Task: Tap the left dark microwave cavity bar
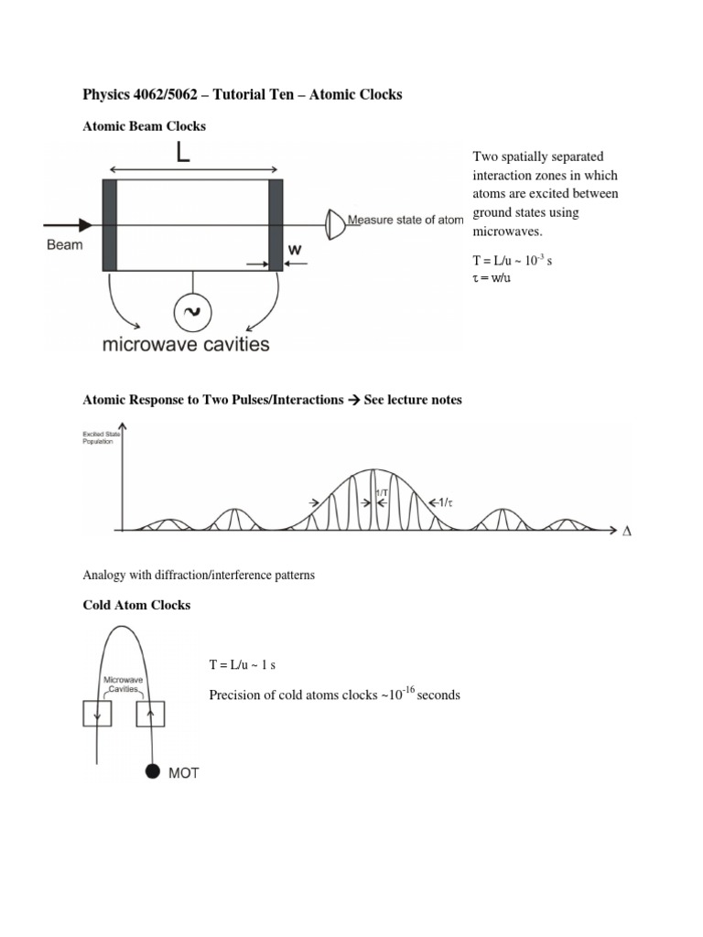pyautogui.click(x=110, y=225)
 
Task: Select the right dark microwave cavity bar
pyautogui.click(x=276, y=225)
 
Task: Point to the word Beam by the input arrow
pyautogui.click(x=64, y=244)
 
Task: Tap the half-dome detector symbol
pyautogui.click(x=336, y=221)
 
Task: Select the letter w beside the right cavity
pyautogui.click(x=295, y=249)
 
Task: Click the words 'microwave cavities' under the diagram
pyautogui.click(x=186, y=345)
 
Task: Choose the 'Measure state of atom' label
pyautogui.click(x=406, y=221)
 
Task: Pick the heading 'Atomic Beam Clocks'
pyautogui.click(x=145, y=126)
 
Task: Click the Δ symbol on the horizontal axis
pyautogui.click(x=627, y=531)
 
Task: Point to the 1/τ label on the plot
pyautogui.click(x=446, y=502)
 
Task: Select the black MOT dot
pyautogui.click(x=152, y=772)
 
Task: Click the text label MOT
pyautogui.click(x=183, y=773)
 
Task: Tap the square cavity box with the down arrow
pyautogui.click(x=96, y=712)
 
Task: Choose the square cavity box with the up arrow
pyautogui.click(x=149, y=712)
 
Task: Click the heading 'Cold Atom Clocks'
pyautogui.click(x=136, y=606)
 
